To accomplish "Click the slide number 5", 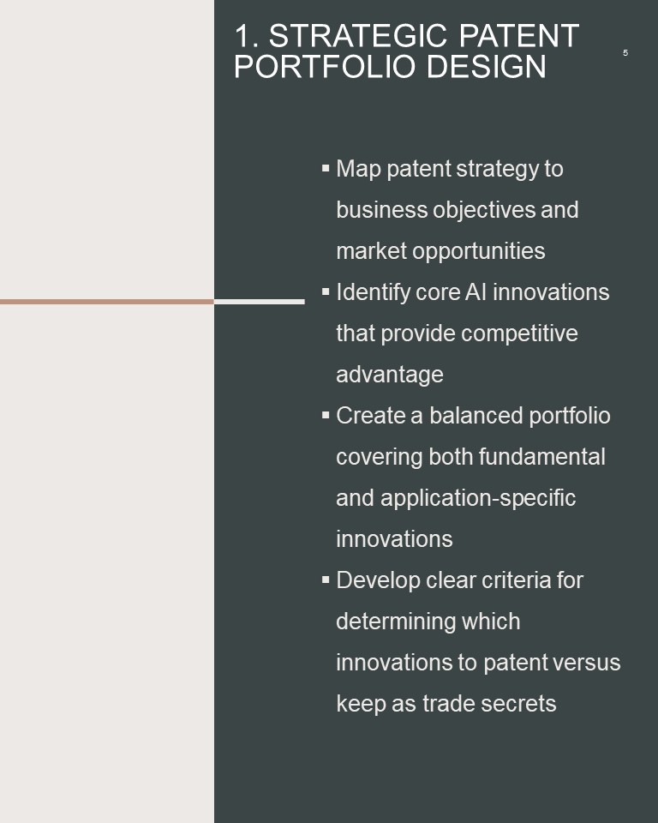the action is point(625,53).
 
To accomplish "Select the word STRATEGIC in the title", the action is point(359,36).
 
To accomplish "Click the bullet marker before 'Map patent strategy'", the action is point(326,169).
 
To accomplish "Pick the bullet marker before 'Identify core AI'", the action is point(326,291).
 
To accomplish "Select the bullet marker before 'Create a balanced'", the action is point(326,415).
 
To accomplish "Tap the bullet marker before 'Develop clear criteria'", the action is point(326,580).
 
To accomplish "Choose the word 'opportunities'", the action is point(479,251).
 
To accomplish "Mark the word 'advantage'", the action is point(389,375).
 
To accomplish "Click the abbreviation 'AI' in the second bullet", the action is point(476,292).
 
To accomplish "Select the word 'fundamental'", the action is point(541,457).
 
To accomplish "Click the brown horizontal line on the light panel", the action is point(107,302).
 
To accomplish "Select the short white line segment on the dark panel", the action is point(260,302).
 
